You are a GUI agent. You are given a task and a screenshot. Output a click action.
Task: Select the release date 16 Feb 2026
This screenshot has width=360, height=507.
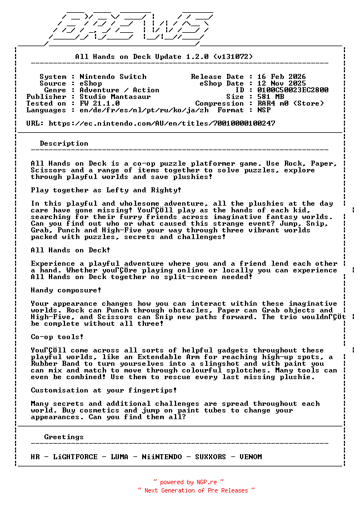pyautogui.click(x=282, y=77)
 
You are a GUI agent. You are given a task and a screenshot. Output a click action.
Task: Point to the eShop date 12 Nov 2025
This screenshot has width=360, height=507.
pyautogui.click(x=282, y=83)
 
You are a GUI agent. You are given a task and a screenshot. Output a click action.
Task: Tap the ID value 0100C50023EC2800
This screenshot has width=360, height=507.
pyautogui.click(x=293, y=90)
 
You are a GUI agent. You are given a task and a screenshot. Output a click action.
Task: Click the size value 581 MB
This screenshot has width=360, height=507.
pyautogui.click(x=271, y=97)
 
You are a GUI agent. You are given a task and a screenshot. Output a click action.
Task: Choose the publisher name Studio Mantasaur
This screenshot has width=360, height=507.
pyautogui.click(x=115, y=97)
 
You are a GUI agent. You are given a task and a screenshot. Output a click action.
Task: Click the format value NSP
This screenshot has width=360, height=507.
pyautogui.click(x=264, y=110)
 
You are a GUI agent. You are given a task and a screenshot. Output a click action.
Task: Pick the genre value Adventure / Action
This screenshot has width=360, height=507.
pyautogui.click(x=119, y=90)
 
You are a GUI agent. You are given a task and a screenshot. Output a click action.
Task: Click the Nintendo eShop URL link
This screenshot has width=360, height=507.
pyautogui.click(x=162, y=123)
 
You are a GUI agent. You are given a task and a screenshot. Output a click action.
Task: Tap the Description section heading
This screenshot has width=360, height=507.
pyautogui.click(x=64, y=143)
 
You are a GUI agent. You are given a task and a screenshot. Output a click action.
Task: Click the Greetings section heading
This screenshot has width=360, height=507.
pyautogui.click(x=64, y=437)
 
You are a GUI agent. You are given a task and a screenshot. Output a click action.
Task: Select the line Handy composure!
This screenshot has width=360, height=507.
pyautogui.click(x=66, y=290)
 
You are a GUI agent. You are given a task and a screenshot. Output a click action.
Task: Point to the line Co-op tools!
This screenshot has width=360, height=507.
pyautogui.click(x=57, y=337)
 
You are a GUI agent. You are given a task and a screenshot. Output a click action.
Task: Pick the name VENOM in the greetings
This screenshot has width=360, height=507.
pyautogui.click(x=251, y=457)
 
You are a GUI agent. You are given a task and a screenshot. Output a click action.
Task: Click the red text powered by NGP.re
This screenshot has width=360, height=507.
pyautogui.click(x=188, y=483)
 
